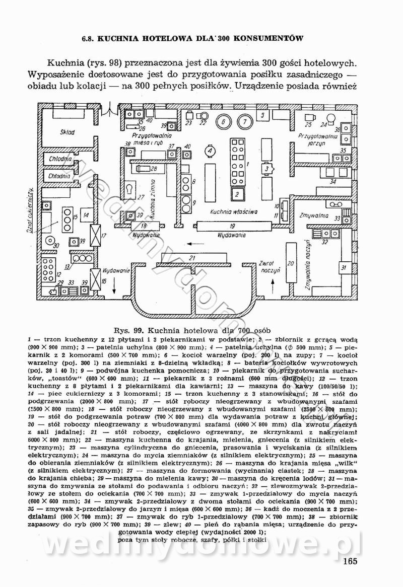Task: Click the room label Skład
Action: point(66,132)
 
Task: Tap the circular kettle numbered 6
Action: point(223,121)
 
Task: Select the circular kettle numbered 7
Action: point(244,121)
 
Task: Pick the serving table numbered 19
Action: point(232,226)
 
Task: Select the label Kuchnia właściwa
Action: point(234,212)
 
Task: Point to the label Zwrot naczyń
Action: point(266,266)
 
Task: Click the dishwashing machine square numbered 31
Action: point(344,267)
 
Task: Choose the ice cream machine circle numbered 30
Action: point(55,245)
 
